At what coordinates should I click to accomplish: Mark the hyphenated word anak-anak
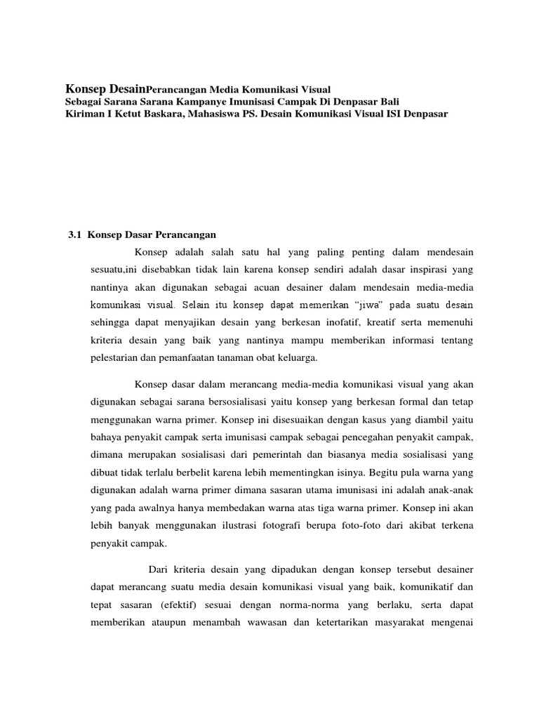coord(450,493)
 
